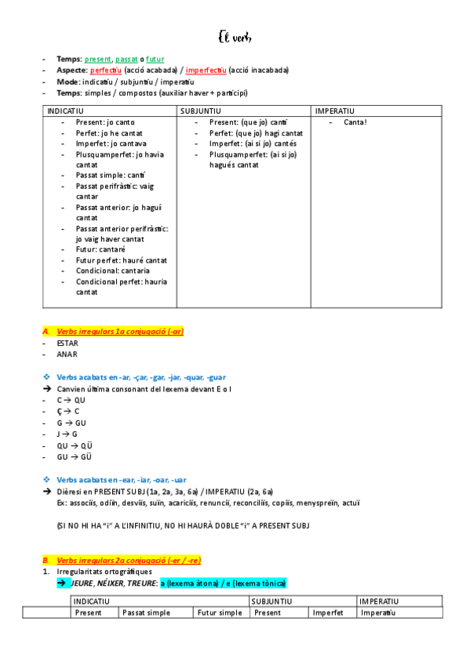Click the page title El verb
click(235, 38)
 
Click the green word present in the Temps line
click(98, 59)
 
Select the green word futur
click(155, 59)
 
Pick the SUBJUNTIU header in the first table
click(201, 111)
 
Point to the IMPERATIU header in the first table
click(335, 111)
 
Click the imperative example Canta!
click(355, 122)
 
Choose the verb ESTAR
click(67, 343)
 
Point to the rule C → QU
click(71, 400)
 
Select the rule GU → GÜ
click(73, 456)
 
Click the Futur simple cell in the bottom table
click(220, 612)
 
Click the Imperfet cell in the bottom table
click(328, 612)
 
